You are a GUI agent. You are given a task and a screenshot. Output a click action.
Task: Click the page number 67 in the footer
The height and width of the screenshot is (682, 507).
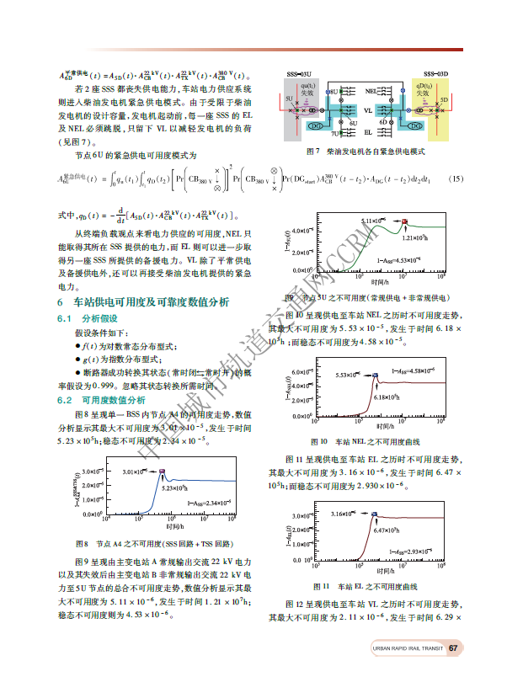453,647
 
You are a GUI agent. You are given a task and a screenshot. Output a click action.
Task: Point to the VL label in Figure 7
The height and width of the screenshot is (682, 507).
368,110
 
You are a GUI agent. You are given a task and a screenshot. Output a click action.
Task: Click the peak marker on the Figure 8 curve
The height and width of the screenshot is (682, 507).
163,472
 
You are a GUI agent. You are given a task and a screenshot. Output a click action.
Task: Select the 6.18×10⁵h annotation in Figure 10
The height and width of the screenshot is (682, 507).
387,397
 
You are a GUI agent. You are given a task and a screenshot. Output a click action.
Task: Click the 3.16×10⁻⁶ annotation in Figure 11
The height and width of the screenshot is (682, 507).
345,513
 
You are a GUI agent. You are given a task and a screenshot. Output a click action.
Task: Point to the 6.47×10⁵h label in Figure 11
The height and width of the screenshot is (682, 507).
386,530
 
